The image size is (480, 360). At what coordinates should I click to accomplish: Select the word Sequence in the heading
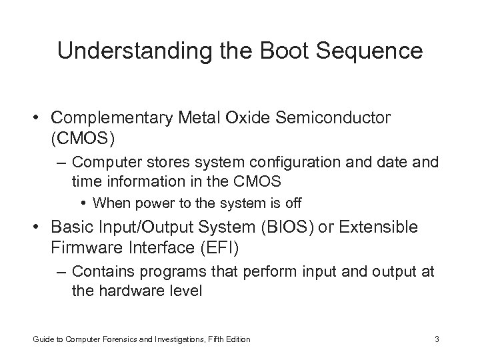click(377, 51)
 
